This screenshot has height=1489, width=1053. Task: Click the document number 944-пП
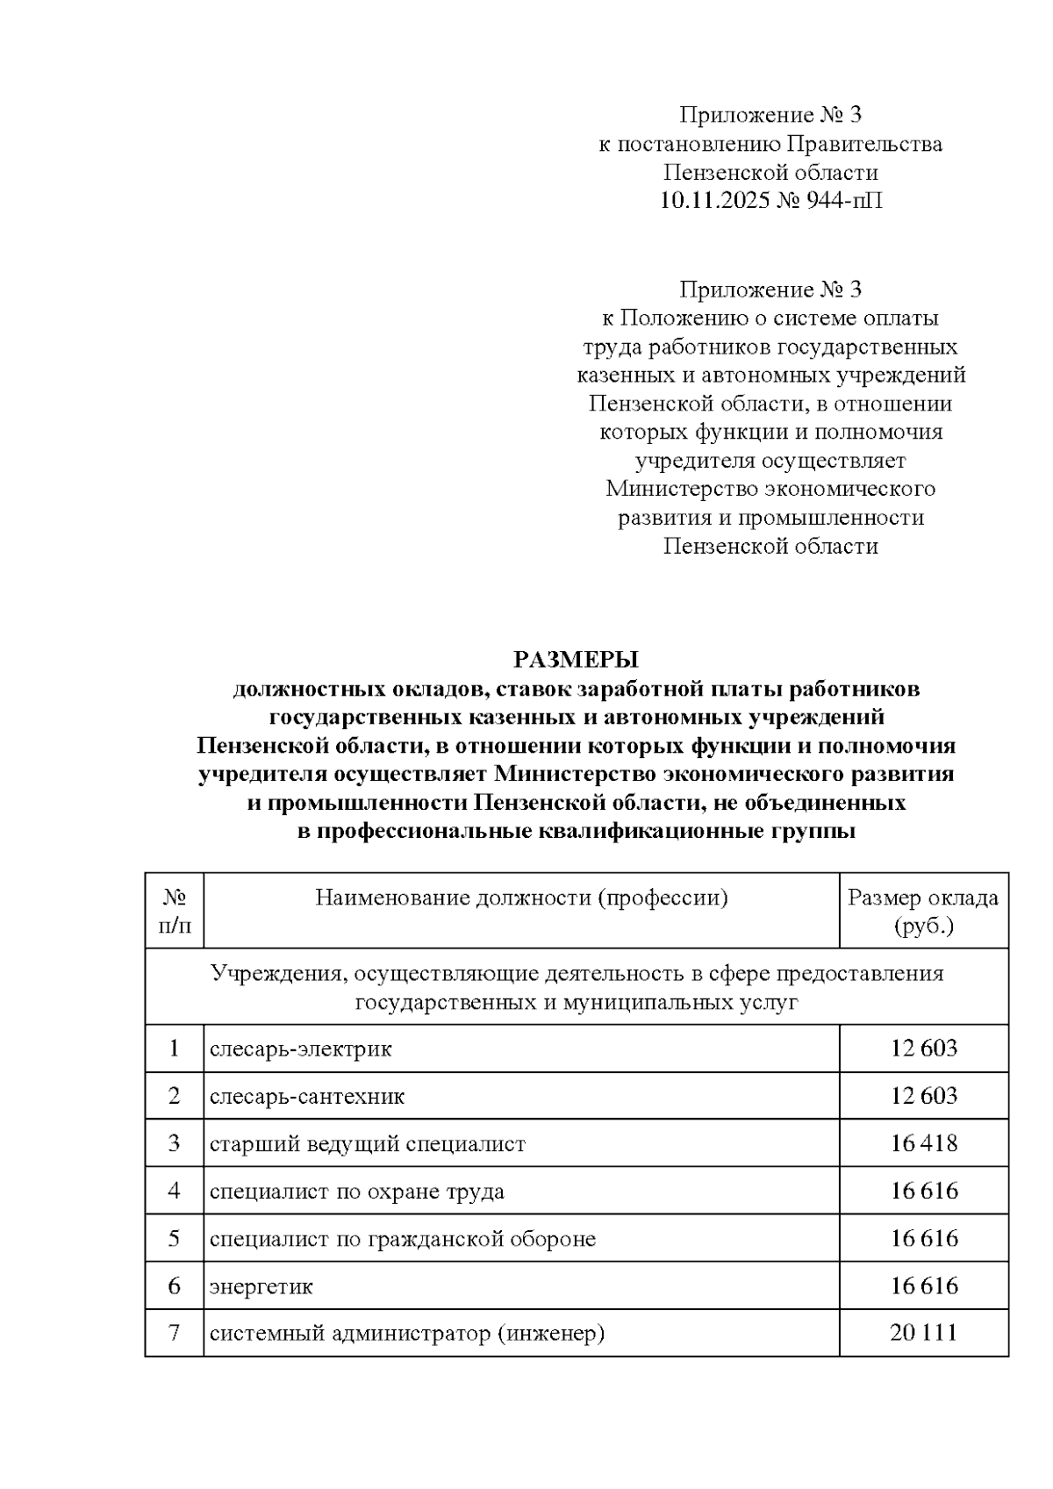[x=843, y=202]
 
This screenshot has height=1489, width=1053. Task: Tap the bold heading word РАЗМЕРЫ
[x=576, y=660]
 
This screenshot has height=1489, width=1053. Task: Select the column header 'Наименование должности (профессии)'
[x=521, y=898]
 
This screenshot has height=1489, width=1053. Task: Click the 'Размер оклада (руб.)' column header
[x=923, y=911]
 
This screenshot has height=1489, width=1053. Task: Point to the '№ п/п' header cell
[x=175, y=911]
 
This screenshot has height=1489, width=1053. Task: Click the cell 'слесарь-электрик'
[x=301, y=1049]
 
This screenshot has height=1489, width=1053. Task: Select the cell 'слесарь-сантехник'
[x=307, y=1096]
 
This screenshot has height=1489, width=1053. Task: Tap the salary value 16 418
[x=923, y=1143]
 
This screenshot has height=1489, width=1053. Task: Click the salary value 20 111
[x=923, y=1333]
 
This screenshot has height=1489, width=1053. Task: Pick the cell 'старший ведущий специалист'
[x=368, y=1143]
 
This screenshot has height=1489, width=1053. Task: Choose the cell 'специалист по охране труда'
[x=357, y=1191]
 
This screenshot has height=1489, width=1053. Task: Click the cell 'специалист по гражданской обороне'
[x=403, y=1238]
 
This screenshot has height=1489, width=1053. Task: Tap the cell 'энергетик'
[x=261, y=1286]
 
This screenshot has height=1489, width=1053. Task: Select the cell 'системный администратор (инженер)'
[x=407, y=1334]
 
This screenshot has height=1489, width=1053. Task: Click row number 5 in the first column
[x=175, y=1238]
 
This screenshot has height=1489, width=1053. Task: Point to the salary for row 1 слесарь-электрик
[x=923, y=1049]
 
